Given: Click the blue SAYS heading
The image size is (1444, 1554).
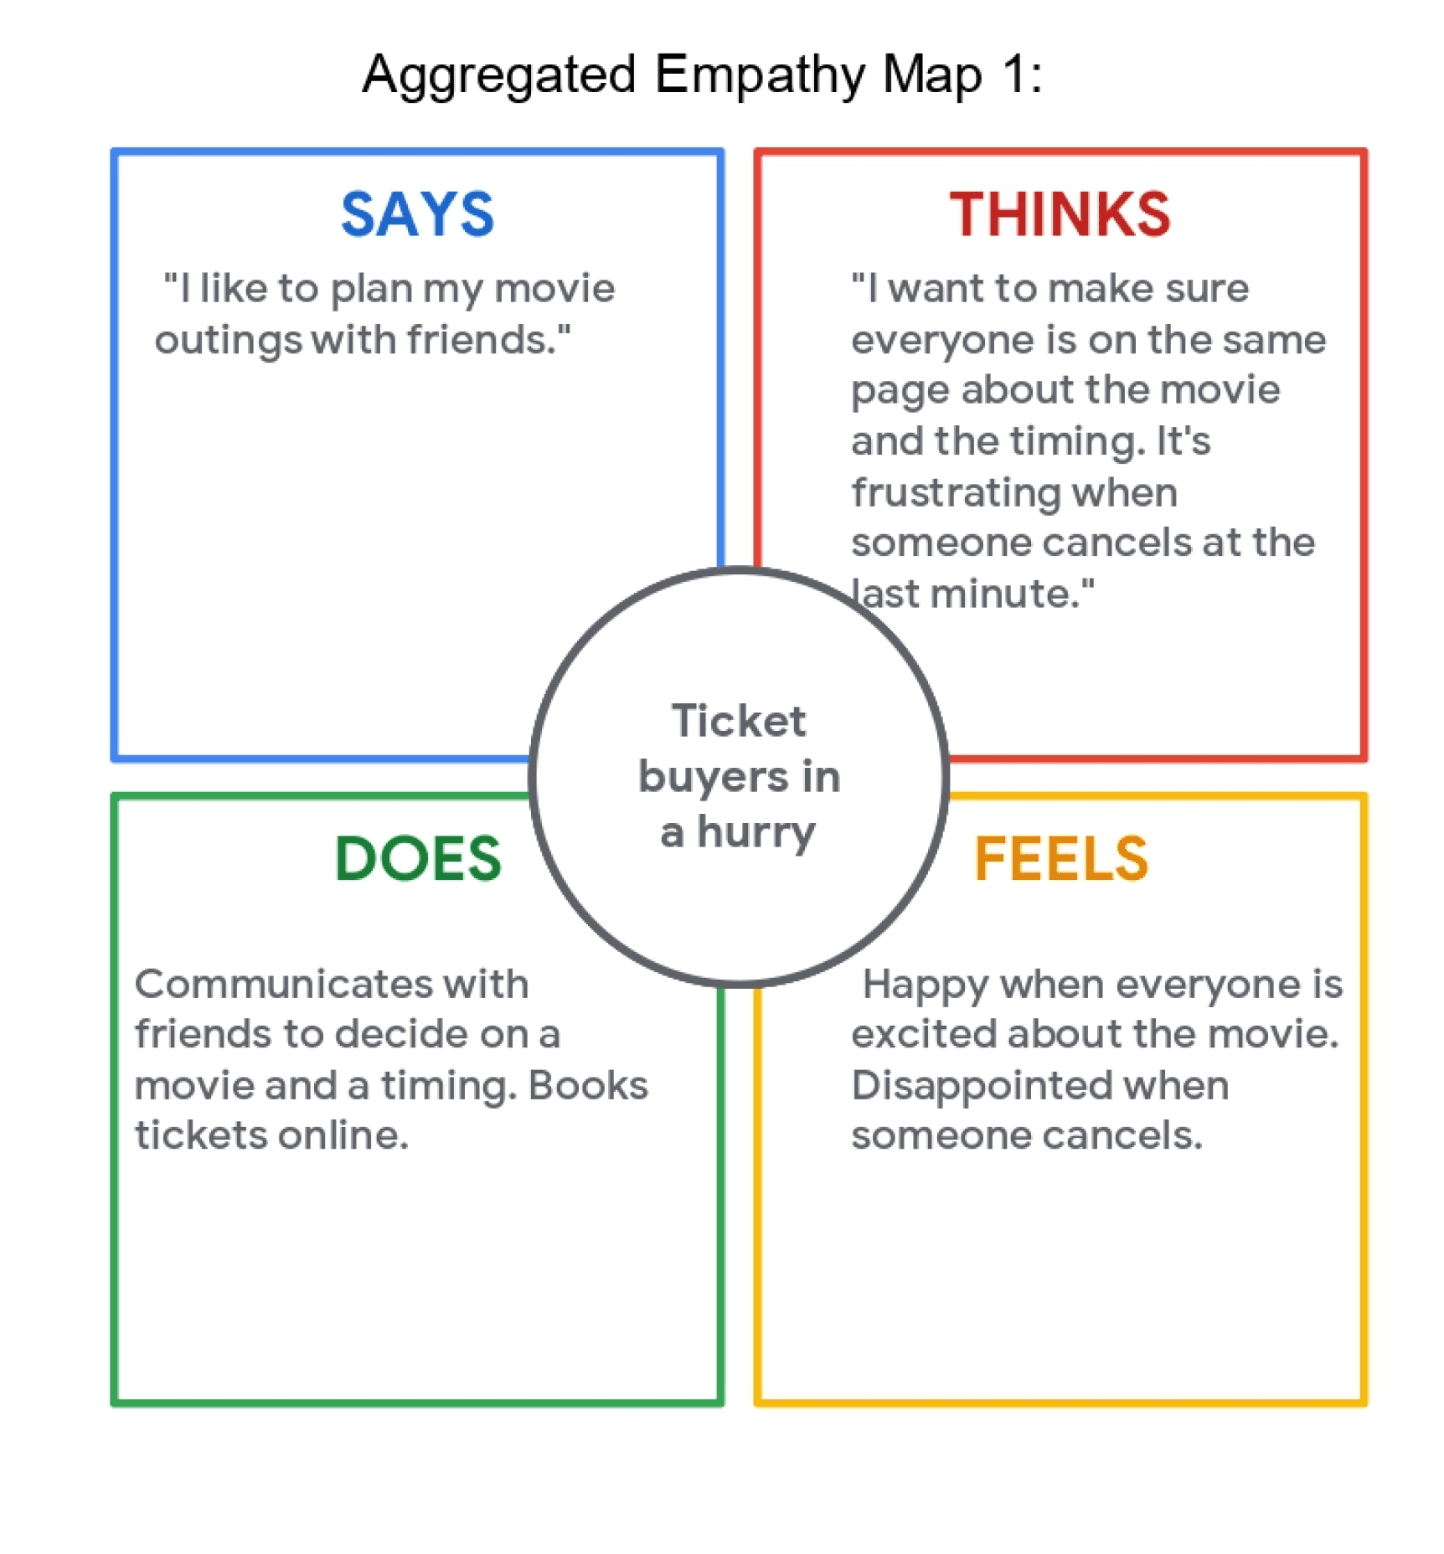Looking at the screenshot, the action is pyautogui.click(x=417, y=214).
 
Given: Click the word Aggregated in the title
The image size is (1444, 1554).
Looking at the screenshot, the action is pyautogui.click(x=499, y=75).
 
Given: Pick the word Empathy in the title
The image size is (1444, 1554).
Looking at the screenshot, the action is pyautogui.click(x=759, y=75).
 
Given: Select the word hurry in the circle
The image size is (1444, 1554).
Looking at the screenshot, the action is pyautogui.click(x=756, y=832).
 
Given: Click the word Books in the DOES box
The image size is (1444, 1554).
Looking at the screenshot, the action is pyautogui.click(x=588, y=1085).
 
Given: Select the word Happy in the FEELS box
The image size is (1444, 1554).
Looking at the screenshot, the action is pyautogui.click(x=926, y=985).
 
